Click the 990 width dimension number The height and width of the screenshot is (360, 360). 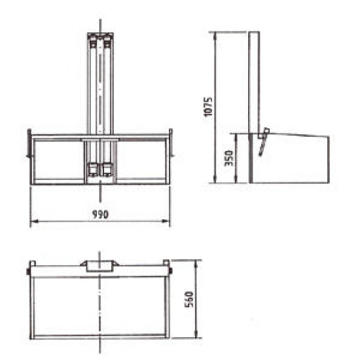(x=99, y=214)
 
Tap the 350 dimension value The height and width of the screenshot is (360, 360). (x=228, y=158)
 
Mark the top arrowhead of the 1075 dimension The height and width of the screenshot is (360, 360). (x=216, y=34)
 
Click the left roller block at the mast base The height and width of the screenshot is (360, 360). (x=94, y=170)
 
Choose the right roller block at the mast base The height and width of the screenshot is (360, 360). (x=106, y=170)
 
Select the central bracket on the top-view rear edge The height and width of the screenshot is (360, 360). (x=99, y=264)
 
